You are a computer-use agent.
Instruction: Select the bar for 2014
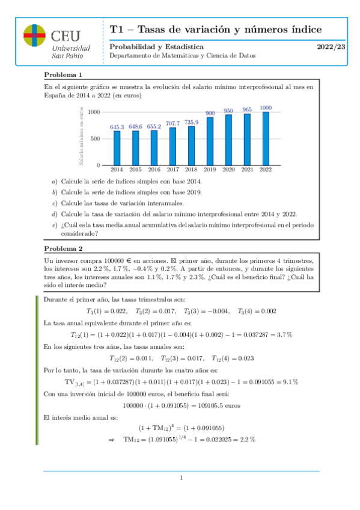point(117,147)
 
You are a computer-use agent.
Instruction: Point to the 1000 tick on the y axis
point(93,112)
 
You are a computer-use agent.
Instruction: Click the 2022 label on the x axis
point(265,170)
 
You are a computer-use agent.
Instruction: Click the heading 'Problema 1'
point(63,75)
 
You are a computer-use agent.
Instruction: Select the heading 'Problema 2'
point(63,248)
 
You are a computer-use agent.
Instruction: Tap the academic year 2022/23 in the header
point(331,46)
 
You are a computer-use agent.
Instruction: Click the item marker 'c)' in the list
point(55,203)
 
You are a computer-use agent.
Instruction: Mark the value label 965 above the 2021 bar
point(247,109)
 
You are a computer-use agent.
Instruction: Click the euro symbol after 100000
point(121,259)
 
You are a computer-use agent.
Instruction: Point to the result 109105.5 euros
point(216,405)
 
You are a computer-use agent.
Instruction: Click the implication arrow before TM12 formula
point(111,439)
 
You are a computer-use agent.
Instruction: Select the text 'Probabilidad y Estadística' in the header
point(156,46)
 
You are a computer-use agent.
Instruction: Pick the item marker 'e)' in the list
point(55,225)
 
